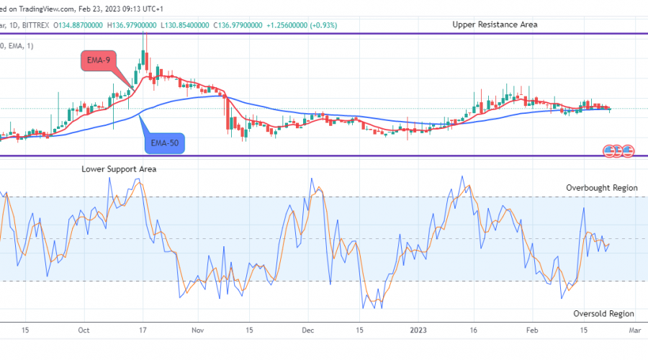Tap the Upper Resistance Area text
[x=495, y=24]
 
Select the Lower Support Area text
[x=118, y=169]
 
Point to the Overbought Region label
[x=601, y=188]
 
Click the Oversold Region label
[x=603, y=313]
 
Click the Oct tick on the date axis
[x=84, y=330]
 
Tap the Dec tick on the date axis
[x=308, y=330]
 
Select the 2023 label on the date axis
[x=418, y=330]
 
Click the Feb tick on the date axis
[x=531, y=330]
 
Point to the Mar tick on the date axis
[x=634, y=330]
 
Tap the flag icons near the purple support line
[x=618, y=150]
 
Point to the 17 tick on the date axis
[x=143, y=330]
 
